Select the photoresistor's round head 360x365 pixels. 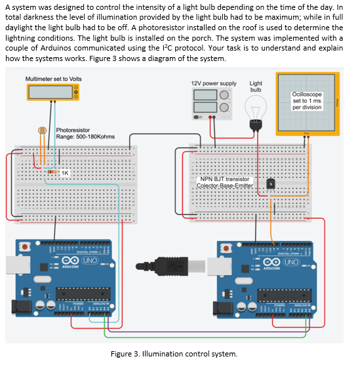coord(43,131)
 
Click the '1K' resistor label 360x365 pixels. coord(66,172)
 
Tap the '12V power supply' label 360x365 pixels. coord(213,84)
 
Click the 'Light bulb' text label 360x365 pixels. coord(256,87)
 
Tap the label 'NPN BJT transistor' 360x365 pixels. coord(225,179)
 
